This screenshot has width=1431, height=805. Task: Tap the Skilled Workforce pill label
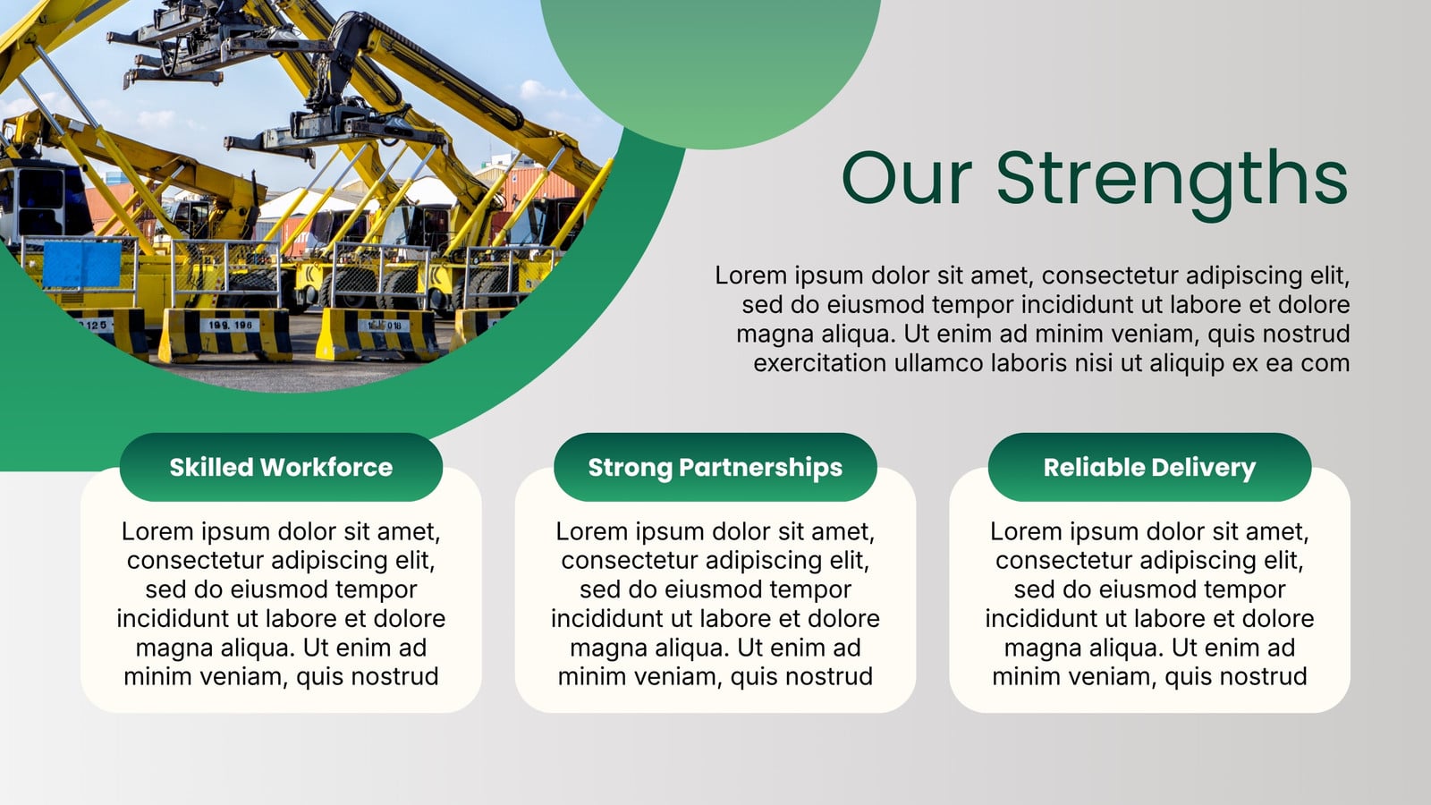click(x=281, y=467)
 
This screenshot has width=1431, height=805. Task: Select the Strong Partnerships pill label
click(x=715, y=467)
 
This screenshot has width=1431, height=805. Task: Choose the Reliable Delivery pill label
click(x=1150, y=467)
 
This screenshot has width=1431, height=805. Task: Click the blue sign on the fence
click(x=81, y=265)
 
